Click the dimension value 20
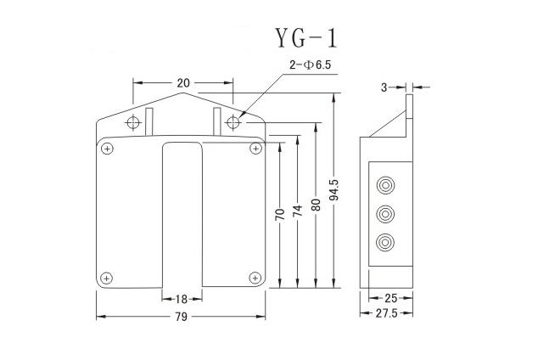[x=182, y=83]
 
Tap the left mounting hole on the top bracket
[x=133, y=123]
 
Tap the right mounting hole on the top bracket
[x=234, y=123]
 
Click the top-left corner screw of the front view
[x=107, y=149]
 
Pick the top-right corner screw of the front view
[x=255, y=149]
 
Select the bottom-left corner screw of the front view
[x=107, y=277]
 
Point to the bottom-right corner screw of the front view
[x=255, y=277]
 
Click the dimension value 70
[x=279, y=216]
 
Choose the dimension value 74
[x=297, y=211]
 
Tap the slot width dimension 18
[x=182, y=299]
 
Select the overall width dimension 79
[x=181, y=317]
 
